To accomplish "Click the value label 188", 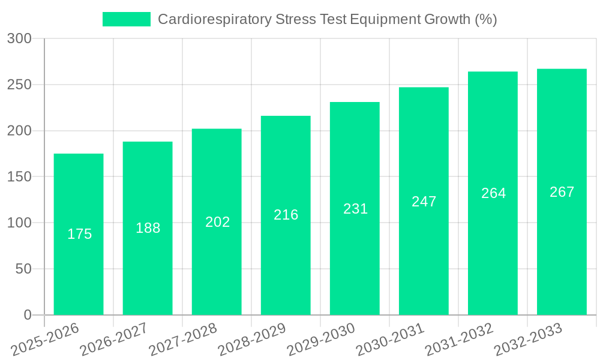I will pos(148,228).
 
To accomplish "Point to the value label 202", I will pos(217,222).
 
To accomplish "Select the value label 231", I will pos(355,209).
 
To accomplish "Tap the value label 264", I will pos(493,193).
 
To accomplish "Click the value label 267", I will pos(562,192).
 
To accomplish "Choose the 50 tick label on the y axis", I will pos(23,269).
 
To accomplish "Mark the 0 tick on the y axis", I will pos(28,315).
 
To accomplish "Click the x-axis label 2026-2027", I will pos(114,339).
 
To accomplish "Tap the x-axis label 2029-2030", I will pos(321,339).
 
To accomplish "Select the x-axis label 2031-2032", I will pos(459,339).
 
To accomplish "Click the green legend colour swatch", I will pos(127,19).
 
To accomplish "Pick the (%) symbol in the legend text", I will pos(486,19).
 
